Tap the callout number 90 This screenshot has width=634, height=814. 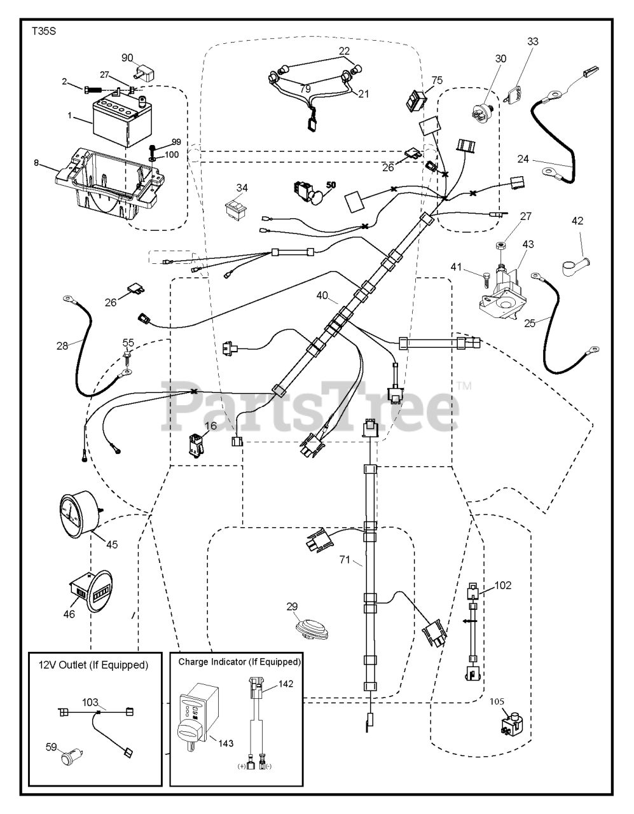tap(127, 58)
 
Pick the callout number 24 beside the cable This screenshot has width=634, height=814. tap(522, 159)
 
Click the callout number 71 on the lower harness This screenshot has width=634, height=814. tap(344, 560)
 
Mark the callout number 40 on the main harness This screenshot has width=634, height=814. tap(323, 295)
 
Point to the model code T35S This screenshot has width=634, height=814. tap(43, 31)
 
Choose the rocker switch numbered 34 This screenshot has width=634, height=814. tap(238, 205)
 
